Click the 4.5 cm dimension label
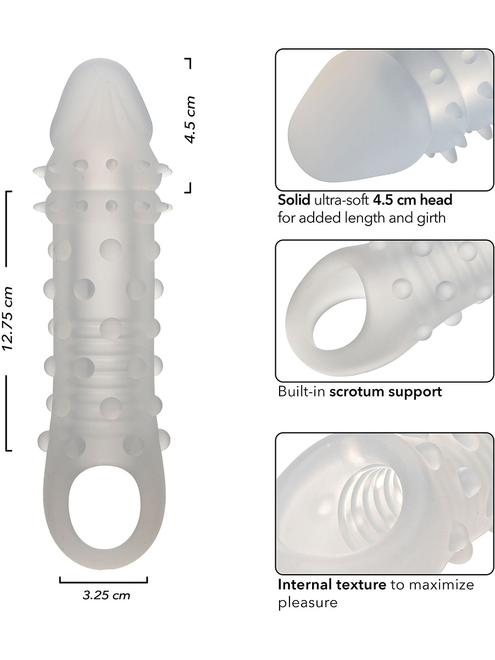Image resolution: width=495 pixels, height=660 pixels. click(190, 120)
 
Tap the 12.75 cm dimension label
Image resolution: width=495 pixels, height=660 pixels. click(7, 318)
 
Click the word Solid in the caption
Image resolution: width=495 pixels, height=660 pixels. click(294, 200)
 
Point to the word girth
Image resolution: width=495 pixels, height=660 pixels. click(431, 218)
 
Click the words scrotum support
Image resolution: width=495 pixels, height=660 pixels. click(386, 392)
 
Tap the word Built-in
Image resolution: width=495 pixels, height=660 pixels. click(302, 392)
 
